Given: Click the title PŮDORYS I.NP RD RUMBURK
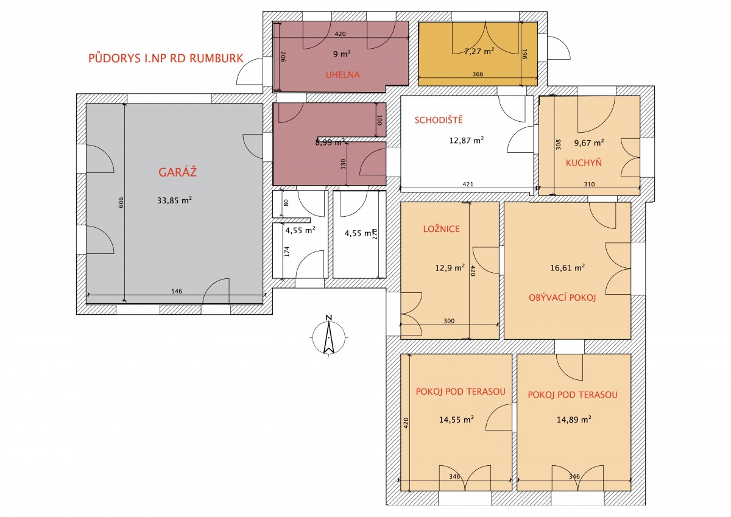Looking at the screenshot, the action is point(166,58).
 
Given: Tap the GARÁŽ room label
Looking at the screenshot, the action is point(177,172).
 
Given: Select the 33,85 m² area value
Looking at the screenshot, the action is point(174,200).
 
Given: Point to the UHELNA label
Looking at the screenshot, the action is point(342,75).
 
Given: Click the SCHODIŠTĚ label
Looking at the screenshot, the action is point(439,120).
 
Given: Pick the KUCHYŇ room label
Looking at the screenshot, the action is point(584,163).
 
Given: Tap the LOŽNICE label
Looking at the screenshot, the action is point(441,229).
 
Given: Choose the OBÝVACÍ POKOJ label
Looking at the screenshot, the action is point(562,297).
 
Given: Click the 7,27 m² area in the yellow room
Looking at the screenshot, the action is point(479,51).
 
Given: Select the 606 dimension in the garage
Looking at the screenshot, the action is point(121,202).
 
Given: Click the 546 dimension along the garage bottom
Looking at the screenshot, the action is point(177,291).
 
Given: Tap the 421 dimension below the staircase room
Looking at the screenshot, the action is point(468,184).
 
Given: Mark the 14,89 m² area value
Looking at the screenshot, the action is point(574,419).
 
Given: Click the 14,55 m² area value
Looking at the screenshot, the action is point(456,419).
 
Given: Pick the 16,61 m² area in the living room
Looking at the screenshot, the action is point(568,267).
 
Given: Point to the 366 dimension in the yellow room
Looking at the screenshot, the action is point(478,74).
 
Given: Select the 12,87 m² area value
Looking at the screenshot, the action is point(467,140).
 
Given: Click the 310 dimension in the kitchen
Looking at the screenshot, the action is point(590,184).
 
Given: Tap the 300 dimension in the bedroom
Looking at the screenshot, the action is point(449,321).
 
